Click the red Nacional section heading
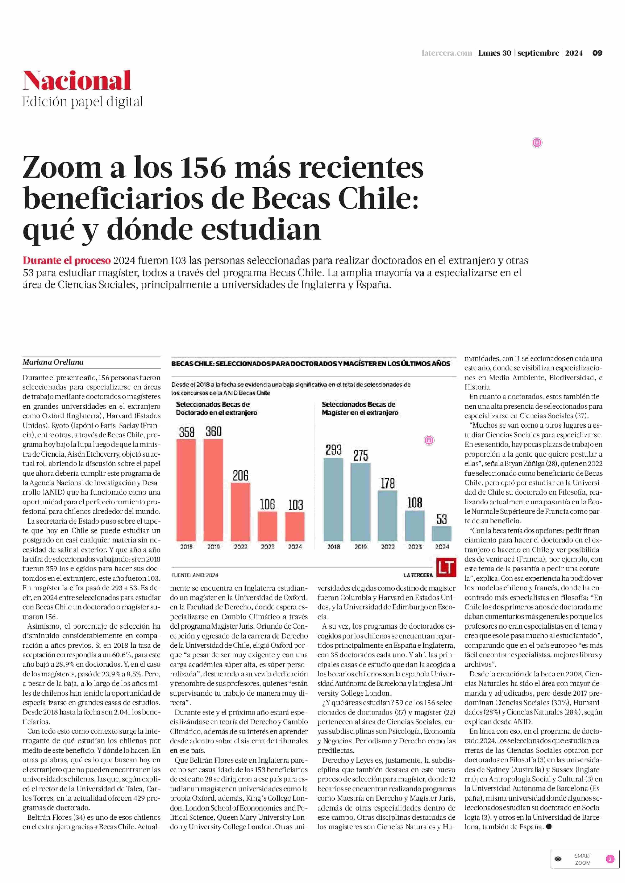(x=77, y=80)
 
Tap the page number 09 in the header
(x=597, y=53)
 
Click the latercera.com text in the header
(x=447, y=53)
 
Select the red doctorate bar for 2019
(x=213, y=490)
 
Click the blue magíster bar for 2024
(x=442, y=534)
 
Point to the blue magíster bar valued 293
(x=333, y=499)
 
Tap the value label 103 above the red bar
(x=296, y=505)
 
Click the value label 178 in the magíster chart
(x=388, y=483)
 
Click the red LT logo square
(x=446, y=568)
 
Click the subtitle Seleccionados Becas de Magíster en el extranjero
(x=360, y=408)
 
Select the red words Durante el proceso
(x=67, y=261)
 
